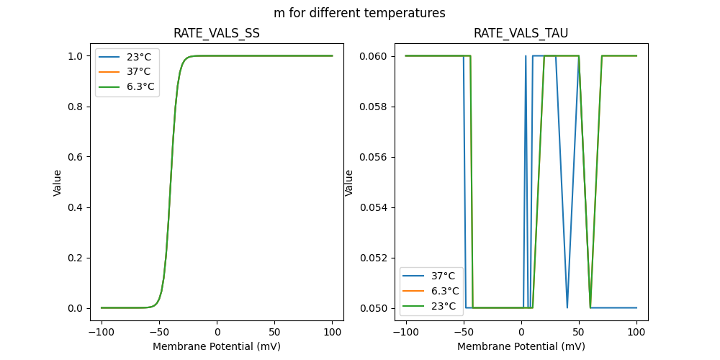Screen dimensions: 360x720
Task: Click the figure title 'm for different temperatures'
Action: (359, 13)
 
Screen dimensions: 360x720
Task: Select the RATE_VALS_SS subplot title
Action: (217, 34)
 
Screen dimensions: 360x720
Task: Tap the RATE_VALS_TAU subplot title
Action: (521, 34)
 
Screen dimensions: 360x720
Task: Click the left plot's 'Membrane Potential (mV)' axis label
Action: (217, 346)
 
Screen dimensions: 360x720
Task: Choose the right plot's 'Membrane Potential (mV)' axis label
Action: (521, 346)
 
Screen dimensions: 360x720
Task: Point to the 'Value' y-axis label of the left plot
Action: (58, 183)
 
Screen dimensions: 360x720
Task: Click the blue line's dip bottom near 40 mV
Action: (567, 307)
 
